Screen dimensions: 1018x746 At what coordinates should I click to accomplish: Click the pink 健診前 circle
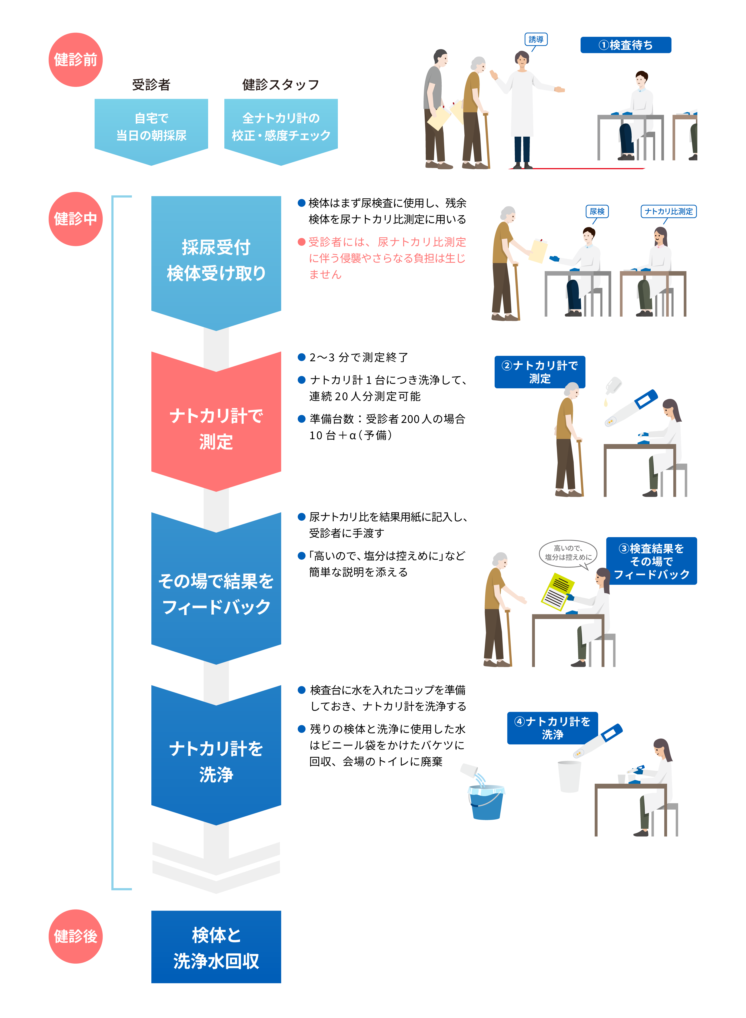[x=75, y=60]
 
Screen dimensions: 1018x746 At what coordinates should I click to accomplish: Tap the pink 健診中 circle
[x=75, y=219]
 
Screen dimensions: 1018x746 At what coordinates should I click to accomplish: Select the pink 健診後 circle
[x=75, y=936]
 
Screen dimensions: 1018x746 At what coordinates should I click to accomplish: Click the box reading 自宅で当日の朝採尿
[x=151, y=127]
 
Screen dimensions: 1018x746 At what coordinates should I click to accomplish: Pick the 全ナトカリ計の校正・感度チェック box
[x=281, y=127]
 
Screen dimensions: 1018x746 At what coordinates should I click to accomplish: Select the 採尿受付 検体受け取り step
[x=216, y=260]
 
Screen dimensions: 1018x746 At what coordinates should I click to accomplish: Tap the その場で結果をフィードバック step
[x=216, y=593]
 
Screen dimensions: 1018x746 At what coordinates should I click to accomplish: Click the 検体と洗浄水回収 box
[x=216, y=947]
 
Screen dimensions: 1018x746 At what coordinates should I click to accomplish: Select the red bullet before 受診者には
[x=302, y=242]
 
